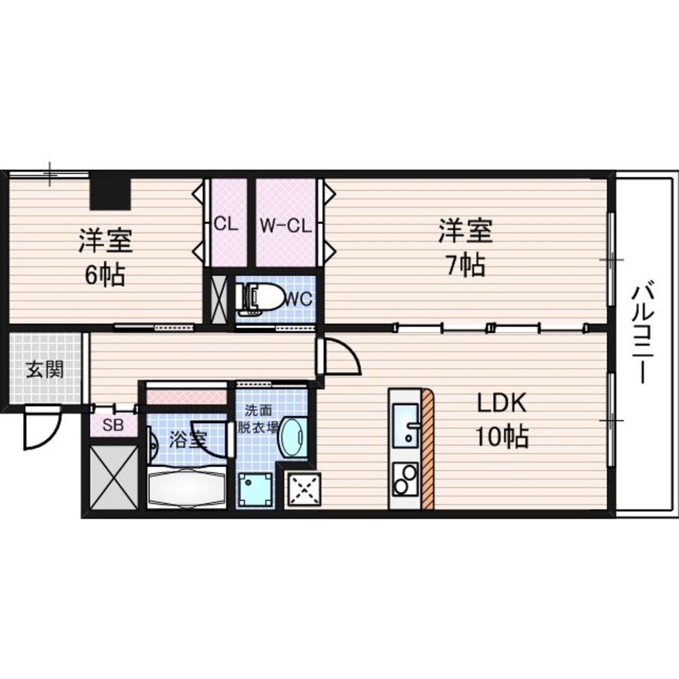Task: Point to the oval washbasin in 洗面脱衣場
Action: (x=293, y=437)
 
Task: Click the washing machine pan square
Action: (x=255, y=490)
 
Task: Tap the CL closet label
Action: (x=227, y=225)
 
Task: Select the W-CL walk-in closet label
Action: (x=285, y=225)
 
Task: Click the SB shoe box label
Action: (x=113, y=425)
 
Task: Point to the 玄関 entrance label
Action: (x=45, y=370)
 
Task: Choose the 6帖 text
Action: (x=105, y=274)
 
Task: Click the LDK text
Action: (x=502, y=403)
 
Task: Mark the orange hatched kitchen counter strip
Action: (x=427, y=449)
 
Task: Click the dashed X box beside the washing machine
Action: (x=304, y=490)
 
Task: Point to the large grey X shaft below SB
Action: (x=114, y=477)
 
